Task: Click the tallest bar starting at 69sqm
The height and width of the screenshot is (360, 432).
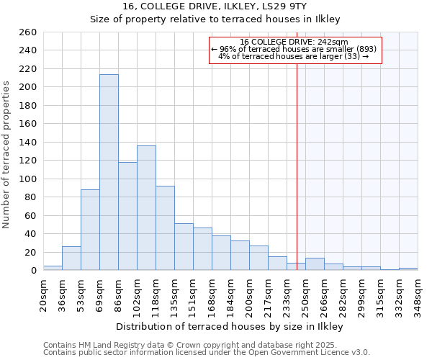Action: [109, 173]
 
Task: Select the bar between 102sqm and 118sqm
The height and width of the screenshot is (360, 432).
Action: [146, 208]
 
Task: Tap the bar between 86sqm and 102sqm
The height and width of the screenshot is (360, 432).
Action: [127, 216]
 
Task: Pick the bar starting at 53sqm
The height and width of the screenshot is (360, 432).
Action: [90, 230]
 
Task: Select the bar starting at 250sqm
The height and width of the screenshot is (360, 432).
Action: [315, 264]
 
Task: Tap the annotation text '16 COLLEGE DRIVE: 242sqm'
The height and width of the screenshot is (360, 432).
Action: [294, 42]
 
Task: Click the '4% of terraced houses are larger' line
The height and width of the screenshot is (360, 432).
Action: [294, 56]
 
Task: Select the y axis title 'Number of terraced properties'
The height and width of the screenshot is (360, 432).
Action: [6, 155]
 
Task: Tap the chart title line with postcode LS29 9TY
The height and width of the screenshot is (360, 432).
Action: [215, 6]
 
